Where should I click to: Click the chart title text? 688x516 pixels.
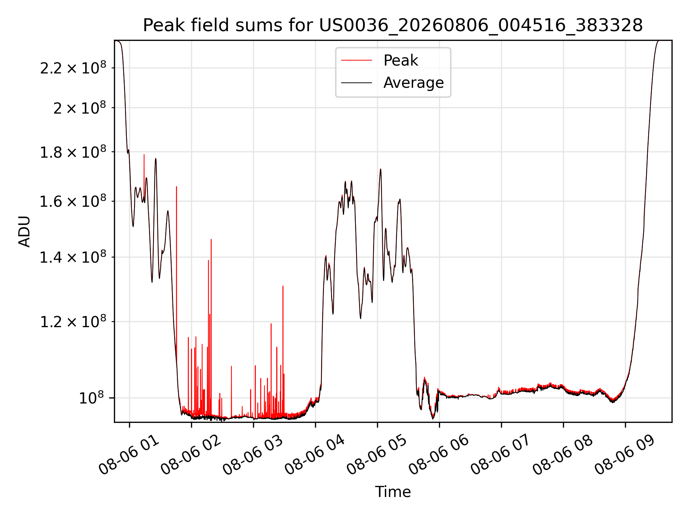393,25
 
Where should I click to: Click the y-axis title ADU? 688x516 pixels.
24,231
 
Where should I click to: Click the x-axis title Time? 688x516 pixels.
393,492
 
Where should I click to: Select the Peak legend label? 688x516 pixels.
401,60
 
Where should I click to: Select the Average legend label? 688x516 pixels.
414,82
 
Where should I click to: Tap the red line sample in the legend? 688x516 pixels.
357,61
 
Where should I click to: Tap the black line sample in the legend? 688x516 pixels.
357,83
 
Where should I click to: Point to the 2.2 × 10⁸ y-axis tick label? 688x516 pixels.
73,67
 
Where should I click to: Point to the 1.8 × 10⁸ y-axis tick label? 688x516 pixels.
73,152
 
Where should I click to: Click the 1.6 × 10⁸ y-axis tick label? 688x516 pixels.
73,201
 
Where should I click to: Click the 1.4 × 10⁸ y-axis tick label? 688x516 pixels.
73,257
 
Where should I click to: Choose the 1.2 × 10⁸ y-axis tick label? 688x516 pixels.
73,321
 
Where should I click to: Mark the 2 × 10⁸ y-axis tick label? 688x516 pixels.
80,107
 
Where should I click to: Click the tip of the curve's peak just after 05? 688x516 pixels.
381,169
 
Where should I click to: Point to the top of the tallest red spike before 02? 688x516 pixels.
176,186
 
